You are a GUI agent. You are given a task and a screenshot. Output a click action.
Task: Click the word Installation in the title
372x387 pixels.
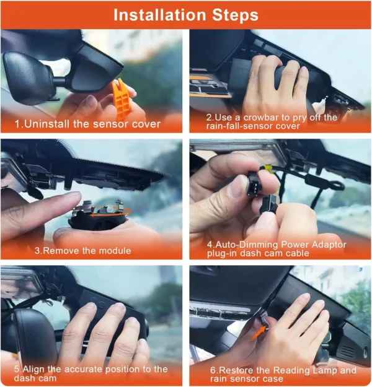coord(160,15)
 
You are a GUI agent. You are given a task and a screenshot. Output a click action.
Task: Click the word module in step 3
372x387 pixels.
coord(115,251)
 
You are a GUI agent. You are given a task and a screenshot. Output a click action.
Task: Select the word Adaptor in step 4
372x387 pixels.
coord(329,245)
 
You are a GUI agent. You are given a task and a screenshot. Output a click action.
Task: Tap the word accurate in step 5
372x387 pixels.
coord(84,370)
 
